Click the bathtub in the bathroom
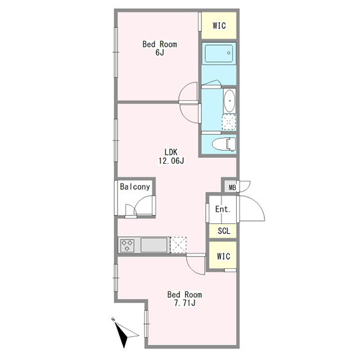(219, 53)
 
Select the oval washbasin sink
(229, 100)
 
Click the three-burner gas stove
(127, 245)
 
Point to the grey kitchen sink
(154, 245)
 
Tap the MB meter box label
(232, 188)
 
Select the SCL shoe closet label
(224, 231)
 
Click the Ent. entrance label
(223, 209)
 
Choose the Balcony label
(135, 187)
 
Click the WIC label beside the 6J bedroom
(219, 25)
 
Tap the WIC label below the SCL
(224, 256)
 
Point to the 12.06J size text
(171, 161)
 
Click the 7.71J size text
(184, 303)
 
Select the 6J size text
(160, 52)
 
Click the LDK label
(171, 152)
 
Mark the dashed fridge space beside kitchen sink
(178, 245)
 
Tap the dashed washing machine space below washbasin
(229, 122)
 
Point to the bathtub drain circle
(229, 53)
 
